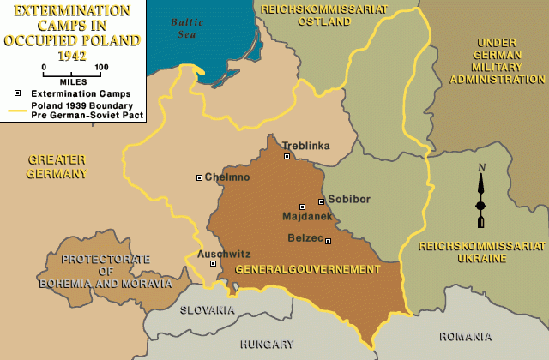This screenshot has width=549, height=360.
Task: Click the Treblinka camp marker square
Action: pyautogui.click(x=287, y=157)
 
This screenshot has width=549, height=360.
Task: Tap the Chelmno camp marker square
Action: pyautogui.click(x=200, y=177)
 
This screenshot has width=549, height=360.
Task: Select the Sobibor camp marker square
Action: pyautogui.click(x=322, y=201)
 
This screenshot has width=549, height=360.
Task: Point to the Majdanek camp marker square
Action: pyautogui.click(x=302, y=207)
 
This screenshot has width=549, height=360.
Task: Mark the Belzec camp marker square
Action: pyautogui.click(x=328, y=241)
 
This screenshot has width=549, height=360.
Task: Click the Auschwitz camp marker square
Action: pyautogui.click(x=214, y=263)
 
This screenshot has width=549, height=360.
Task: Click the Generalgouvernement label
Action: pyautogui.click(x=306, y=269)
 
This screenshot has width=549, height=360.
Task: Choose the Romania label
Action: pyautogui.click(x=465, y=337)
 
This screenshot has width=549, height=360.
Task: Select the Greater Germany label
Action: pyautogui.click(x=57, y=166)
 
